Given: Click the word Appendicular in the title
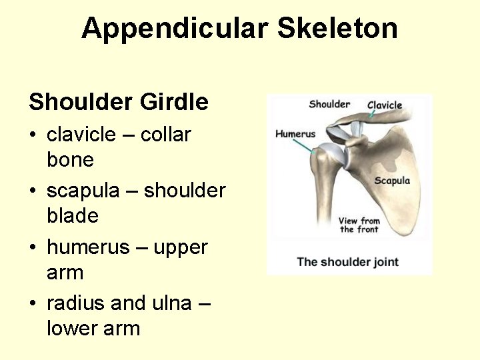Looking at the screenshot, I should pos(175,29).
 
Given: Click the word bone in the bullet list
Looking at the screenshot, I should pos(70,160).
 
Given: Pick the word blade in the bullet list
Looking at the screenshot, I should pos(73,216).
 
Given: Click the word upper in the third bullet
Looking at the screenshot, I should pos(181,247).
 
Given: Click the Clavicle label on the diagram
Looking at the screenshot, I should pos(385,105).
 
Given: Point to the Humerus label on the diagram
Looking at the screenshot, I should pos(295,134).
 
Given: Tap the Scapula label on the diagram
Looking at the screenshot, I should pos(392,181).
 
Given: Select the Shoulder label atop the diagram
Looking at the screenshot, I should pos(329,104).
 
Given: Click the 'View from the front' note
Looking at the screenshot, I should pos(359,225).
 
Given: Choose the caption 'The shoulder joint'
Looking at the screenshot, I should pos(347,261).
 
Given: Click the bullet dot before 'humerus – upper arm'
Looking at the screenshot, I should pos(33,248).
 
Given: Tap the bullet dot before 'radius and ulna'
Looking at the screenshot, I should pos(33,304).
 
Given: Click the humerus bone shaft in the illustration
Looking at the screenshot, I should pos(322,200).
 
